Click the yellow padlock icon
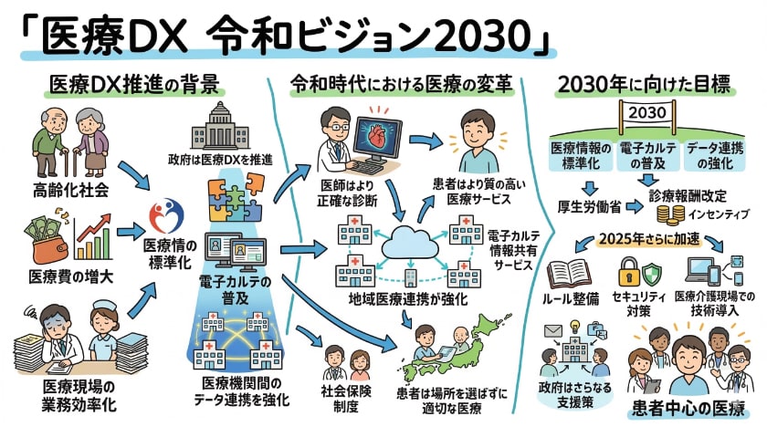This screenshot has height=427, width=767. pos(629,272)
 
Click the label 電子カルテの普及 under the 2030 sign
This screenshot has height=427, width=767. pos(647,155)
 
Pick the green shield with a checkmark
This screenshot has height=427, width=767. pos(653,274)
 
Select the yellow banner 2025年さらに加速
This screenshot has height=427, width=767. pos(646,240)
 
